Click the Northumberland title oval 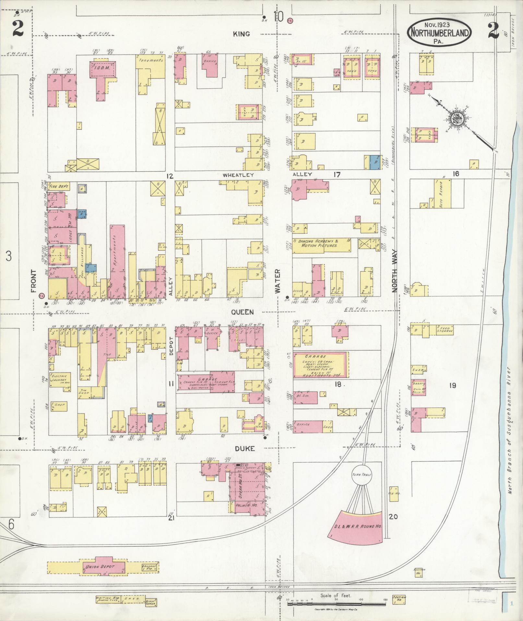point(439,33)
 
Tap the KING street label point(241,34)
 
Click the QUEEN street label point(243,312)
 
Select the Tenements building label point(150,60)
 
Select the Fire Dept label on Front point(57,187)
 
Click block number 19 point(453,386)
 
